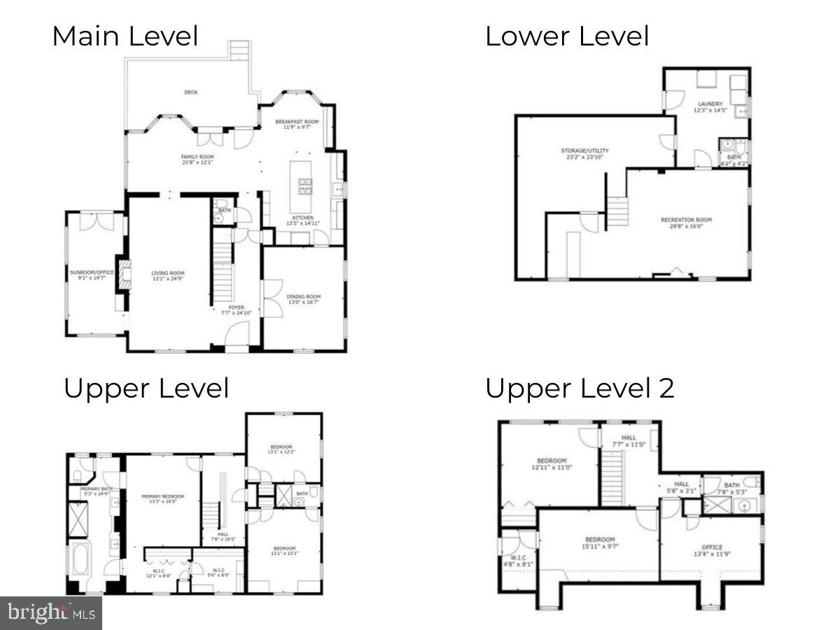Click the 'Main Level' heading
[125, 36]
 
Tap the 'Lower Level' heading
[567, 36]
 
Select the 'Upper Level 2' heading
[580, 388]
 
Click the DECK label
[190, 92]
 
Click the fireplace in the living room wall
[124, 274]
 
